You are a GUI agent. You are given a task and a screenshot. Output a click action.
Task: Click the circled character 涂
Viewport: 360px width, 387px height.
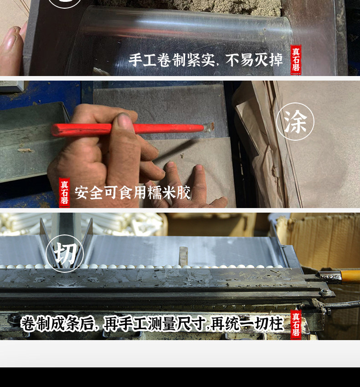(x=295, y=122)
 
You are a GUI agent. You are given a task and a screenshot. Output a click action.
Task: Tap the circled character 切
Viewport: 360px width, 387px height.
(x=65, y=254)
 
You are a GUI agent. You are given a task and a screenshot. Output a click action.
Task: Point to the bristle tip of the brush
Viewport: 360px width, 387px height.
(x=210, y=127)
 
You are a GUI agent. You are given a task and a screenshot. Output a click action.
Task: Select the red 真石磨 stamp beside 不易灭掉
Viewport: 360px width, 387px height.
(x=296, y=60)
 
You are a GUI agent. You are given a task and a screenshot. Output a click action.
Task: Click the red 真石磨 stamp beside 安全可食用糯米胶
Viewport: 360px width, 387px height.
(x=64, y=192)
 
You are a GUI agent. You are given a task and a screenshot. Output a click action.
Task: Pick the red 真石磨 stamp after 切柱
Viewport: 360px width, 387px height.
(x=296, y=324)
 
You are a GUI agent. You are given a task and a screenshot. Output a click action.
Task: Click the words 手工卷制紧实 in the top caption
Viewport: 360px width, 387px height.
(x=171, y=60)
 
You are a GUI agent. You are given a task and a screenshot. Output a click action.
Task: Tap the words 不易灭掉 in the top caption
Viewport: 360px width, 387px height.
(x=254, y=60)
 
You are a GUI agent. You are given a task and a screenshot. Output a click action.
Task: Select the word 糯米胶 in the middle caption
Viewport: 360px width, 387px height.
(x=169, y=193)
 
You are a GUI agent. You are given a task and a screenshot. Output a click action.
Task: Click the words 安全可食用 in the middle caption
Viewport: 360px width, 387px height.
(x=111, y=193)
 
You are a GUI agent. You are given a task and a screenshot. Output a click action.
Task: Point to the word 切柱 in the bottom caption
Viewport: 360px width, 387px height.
(x=269, y=324)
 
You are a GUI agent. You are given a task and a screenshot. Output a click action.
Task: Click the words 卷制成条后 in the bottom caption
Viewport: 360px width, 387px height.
(x=57, y=324)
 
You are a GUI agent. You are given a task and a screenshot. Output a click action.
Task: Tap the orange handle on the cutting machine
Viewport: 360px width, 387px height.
(x=350, y=276)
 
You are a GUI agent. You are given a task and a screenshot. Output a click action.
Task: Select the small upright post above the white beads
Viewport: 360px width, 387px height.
(x=183, y=256)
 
